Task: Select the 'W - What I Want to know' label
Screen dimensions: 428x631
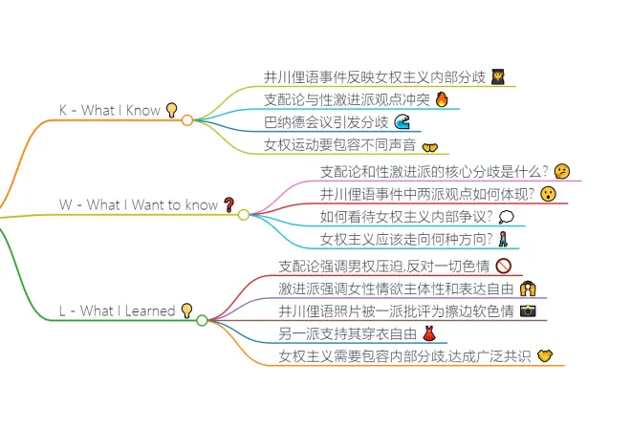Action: (x=139, y=204)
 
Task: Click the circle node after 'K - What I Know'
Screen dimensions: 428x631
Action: (x=187, y=119)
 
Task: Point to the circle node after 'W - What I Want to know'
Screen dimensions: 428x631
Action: (x=243, y=214)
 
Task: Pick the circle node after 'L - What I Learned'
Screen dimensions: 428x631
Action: (x=202, y=320)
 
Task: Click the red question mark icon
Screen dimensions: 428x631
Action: (x=228, y=204)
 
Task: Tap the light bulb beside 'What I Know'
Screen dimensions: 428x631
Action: (x=172, y=110)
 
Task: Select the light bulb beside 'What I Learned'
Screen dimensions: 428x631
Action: (x=186, y=310)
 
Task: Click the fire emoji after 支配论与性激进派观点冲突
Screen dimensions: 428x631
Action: (x=441, y=99)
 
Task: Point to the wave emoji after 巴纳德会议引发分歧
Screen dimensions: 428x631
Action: (x=403, y=122)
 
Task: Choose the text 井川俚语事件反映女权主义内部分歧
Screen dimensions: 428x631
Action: (x=375, y=76)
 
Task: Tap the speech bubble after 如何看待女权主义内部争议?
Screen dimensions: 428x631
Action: (x=506, y=217)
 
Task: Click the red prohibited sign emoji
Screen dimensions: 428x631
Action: (x=504, y=266)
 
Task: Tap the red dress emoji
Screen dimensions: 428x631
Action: (x=429, y=334)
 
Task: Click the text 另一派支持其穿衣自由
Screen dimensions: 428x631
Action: (x=348, y=334)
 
